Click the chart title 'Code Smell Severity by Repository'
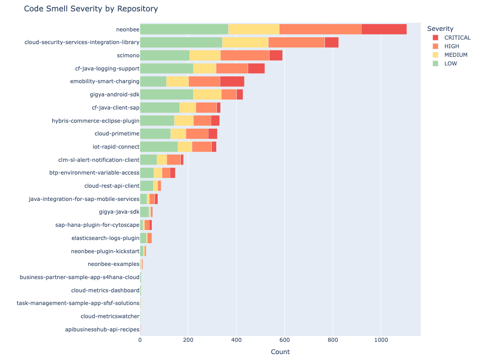[91, 9]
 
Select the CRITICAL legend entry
[457, 38]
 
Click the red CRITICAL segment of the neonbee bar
[384, 29]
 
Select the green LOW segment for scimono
[164, 55]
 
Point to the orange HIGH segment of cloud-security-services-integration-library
[296, 42]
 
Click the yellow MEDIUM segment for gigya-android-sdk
[207, 95]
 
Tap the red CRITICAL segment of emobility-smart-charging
[232, 82]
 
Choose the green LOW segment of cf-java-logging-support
[166, 69]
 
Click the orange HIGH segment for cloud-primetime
[197, 134]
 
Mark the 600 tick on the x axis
[284, 339]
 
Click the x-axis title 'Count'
[280, 352]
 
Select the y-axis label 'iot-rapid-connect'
[116, 147]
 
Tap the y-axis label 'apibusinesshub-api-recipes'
[102, 329]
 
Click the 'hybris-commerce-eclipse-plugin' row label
[96, 120]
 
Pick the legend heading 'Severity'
[440, 29]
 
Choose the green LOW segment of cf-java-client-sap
[159, 108]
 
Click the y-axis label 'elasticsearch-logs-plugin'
[105, 238]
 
